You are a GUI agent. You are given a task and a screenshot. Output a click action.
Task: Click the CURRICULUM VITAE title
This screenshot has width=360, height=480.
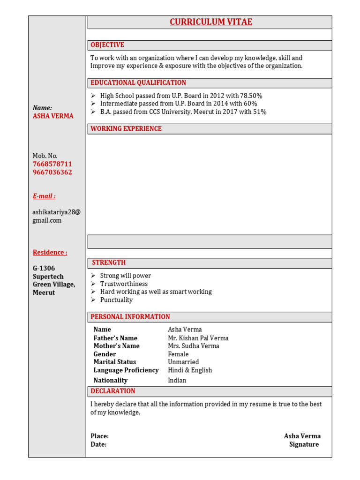(x=210, y=22)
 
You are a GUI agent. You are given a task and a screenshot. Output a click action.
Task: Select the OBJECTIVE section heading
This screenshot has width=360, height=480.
(x=107, y=45)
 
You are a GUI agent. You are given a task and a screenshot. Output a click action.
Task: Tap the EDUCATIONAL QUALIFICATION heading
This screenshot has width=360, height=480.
(x=138, y=83)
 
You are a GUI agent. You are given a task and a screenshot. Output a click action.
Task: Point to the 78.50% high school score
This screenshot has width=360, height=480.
(x=251, y=96)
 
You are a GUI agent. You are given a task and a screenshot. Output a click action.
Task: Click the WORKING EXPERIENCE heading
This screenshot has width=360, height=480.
(x=126, y=129)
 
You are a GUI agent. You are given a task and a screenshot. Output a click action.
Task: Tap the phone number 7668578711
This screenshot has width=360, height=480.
(x=52, y=164)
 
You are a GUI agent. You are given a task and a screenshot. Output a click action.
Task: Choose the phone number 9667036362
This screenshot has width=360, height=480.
(x=52, y=172)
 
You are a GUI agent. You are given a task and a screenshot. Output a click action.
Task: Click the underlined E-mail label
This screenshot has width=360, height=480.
(x=44, y=196)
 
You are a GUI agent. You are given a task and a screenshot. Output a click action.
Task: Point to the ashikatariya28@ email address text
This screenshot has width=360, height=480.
(x=56, y=212)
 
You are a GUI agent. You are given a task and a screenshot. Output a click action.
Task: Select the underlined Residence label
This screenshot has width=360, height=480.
(x=50, y=253)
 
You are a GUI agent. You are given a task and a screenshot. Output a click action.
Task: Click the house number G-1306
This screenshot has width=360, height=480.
(x=44, y=269)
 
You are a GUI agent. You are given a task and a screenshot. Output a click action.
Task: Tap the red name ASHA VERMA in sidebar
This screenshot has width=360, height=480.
(x=53, y=116)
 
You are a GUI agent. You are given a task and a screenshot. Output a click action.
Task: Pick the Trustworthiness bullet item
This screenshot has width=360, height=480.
(x=124, y=284)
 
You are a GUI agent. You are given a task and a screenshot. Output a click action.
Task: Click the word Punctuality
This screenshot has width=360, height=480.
(x=116, y=300)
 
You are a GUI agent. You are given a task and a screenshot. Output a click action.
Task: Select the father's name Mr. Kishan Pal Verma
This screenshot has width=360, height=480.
(x=198, y=338)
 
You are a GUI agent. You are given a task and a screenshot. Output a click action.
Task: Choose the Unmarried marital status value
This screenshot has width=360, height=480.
(x=183, y=362)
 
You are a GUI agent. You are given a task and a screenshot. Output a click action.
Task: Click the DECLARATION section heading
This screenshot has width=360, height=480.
(x=113, y=391)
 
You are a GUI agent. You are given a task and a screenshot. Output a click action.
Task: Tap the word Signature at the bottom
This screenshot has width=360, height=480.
(x=304, y=444)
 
